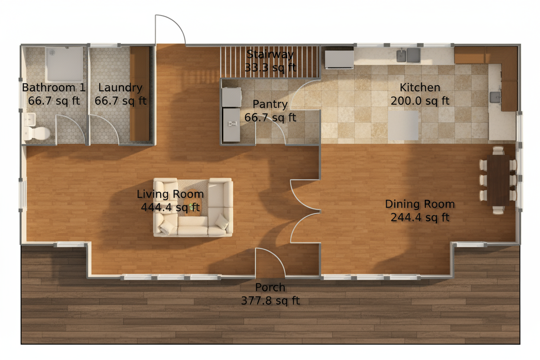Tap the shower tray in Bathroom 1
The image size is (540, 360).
tap(64, 64)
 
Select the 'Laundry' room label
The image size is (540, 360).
tap(120, 88)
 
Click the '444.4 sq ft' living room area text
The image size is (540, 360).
tap(170, 208)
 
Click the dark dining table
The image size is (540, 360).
tap(498, 179)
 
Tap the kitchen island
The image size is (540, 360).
tap(403, 125)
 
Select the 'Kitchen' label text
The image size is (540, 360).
tap(420, 88)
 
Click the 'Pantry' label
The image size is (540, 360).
tap(270, 104)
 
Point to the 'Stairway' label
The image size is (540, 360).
tap(270, 55)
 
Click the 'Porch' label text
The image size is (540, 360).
tap(270, 287)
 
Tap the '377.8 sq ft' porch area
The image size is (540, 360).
tap(270, 301)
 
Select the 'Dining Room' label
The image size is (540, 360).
tap(420, 204)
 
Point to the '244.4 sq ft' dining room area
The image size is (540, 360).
tap(420, 218)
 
